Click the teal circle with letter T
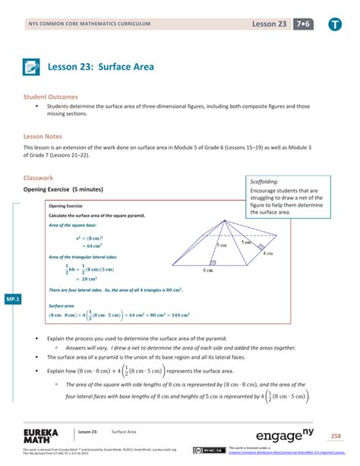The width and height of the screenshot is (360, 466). click(335, 24)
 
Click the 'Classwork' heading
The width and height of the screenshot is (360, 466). click(40, 178)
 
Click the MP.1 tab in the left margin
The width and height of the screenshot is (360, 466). click(13, 299)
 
